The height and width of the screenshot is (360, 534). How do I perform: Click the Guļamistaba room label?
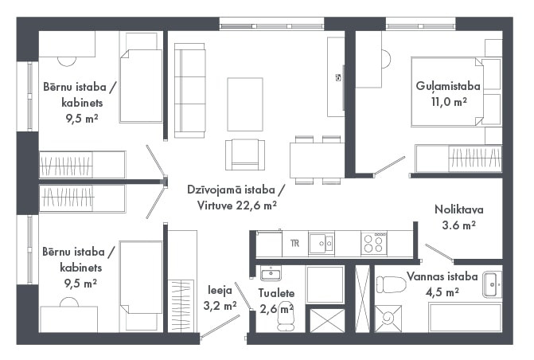(448, 87)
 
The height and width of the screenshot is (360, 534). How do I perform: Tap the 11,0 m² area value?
(449, 102)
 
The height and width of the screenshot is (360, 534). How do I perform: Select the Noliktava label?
(459, 209)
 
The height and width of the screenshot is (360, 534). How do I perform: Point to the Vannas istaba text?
(442, 276)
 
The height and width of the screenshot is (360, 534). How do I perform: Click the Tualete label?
(276, 293)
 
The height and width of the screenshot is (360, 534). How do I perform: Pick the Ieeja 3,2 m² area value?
(220, 306)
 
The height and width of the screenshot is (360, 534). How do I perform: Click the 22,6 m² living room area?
(256, 205)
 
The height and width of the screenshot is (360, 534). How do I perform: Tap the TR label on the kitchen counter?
(295, 243)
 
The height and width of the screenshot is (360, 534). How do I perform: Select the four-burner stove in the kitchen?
(374, 243)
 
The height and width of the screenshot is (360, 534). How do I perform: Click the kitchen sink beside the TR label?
(322, 243)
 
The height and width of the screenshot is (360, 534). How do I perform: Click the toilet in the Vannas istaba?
(392, 284)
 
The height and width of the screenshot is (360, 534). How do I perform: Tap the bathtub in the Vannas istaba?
(465, 318)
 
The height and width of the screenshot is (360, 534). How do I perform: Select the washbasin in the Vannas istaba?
(492, 284)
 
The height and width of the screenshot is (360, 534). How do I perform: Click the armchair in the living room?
(245, 155)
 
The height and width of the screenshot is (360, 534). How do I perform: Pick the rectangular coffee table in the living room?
(245, 104)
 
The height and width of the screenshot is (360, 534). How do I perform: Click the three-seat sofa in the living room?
(190, 90)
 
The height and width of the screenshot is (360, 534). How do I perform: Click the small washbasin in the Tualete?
(271, 273)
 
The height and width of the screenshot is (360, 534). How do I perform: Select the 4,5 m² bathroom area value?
(442, 292)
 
